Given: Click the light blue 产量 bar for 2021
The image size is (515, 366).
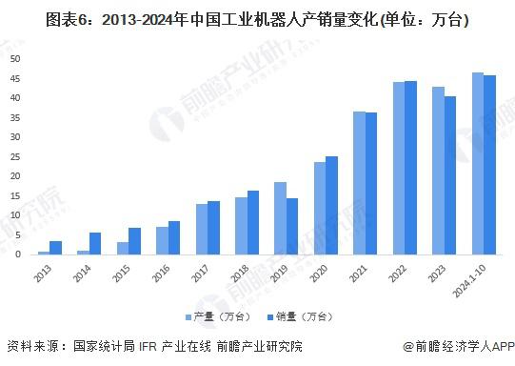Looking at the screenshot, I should click(359, 183).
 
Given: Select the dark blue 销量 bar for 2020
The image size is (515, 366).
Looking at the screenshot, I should click(331, 205).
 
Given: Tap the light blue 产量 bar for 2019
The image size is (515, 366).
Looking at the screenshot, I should click(280, 218).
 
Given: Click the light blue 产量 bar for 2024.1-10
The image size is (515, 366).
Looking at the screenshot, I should click(477, 163).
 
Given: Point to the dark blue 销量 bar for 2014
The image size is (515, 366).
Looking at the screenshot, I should click(95, 243).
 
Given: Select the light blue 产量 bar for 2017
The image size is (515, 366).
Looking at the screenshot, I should click(201, 229).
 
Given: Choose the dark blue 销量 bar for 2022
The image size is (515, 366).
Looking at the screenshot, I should click(410, 168).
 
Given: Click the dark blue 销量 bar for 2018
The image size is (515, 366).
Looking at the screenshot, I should click(253, 222).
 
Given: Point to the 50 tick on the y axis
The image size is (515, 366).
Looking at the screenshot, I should click(15, 58).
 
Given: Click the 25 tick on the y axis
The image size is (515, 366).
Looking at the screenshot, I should click(15, 156).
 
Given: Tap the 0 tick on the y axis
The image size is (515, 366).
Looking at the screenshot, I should click(18, 254).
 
